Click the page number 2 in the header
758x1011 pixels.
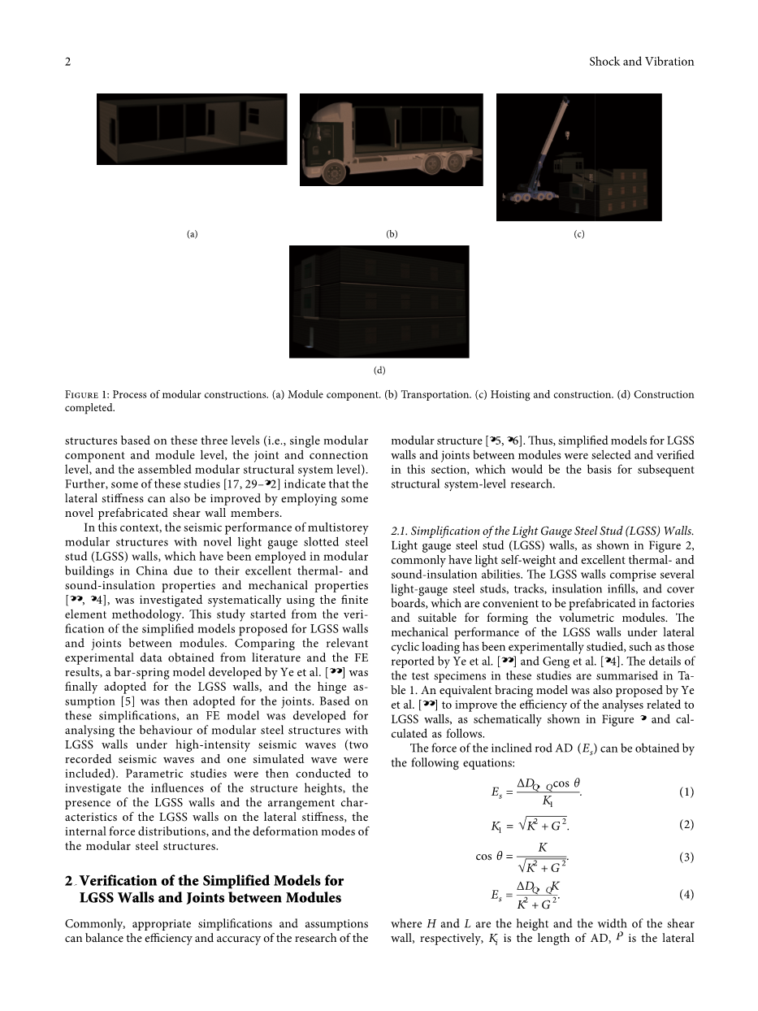point(68,62)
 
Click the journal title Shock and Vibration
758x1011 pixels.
point(641,62)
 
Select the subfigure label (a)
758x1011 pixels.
point(192,234)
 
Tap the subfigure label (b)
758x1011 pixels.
point(392,234)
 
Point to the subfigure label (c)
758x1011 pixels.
point(578,234)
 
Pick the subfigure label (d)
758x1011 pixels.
point(379,371)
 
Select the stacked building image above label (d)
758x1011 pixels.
point(379,302)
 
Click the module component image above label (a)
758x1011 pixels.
point(192,129)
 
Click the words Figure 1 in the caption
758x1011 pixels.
point(89,395)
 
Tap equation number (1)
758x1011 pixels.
point(687,792)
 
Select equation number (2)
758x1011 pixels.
point(687,825)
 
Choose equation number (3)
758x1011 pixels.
point(687,857)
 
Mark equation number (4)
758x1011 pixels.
point(687,895)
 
